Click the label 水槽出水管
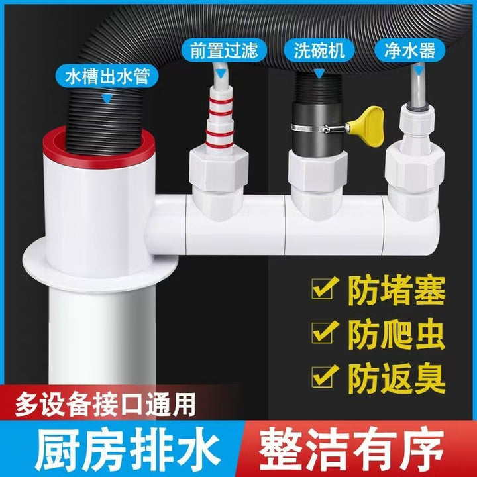pyautogui.click(x=107, y=76)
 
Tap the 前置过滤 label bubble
pyautogui.click(x=224, y=50)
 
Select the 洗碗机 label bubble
pyautogui.click(x=319, y=50)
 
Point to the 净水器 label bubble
pyautogui.click(x=410, y=50)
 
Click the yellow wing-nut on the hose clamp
pyautogui.click(x=366, y=126)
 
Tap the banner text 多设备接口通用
pyautogui.click(x=105, y=405)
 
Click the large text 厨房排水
pyautogui.click(x=127, y=448)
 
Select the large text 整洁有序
pyautogui.click(x=351, y=448)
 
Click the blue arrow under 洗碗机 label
pyautogui.click(x=319, y=74)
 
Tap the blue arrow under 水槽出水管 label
pyautogui.click(x=107, y=99)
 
